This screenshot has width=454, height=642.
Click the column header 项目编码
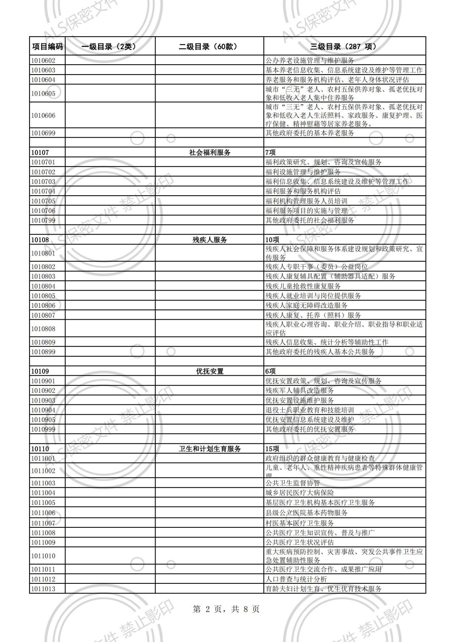coord(47,47)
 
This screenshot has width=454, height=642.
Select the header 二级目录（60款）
coord(209,47)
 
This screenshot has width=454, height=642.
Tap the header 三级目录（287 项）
coord(344,47)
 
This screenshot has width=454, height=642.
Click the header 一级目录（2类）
coord(109,47)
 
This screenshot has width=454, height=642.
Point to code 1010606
coord(43,115)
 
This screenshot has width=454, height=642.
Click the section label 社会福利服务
coord(210,152)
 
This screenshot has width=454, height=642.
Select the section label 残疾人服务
coord(210,240)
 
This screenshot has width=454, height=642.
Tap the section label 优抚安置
coord(210,372)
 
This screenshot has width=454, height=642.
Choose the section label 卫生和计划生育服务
coord(210,449)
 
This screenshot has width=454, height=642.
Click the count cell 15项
coord(272,449)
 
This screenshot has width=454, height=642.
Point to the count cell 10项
coord(272,240)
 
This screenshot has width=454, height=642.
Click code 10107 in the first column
coord(40,152)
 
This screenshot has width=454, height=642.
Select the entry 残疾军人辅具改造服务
coord(300,391)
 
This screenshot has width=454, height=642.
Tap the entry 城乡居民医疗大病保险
coord(300,493)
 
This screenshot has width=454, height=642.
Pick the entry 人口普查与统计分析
coord(296,579)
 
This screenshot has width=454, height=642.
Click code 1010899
coord(43,352)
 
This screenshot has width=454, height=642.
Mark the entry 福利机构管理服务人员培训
coord(306,201)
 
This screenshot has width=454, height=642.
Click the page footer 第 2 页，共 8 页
coord(226,609)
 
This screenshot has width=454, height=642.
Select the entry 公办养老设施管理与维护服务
coord(310,60)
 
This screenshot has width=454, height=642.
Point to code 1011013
coord(43,589)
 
